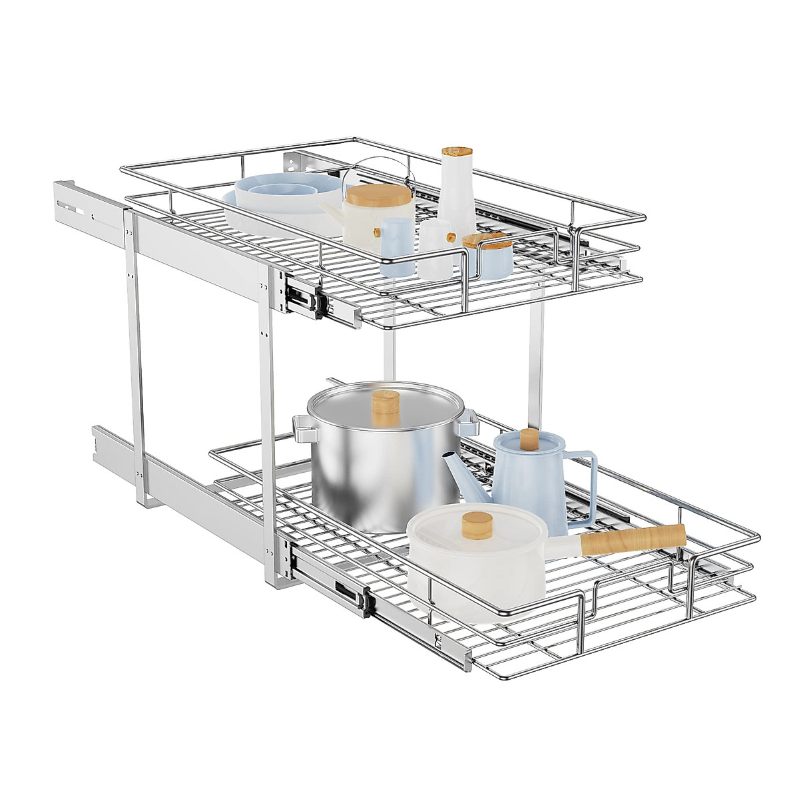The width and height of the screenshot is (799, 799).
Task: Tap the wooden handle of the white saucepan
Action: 633,538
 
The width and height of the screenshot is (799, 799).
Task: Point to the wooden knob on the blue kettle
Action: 529,440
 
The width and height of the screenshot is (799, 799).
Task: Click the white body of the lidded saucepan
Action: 466,573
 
